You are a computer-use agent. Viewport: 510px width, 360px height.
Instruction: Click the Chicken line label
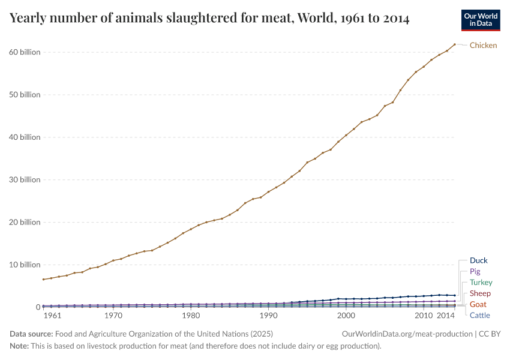[483, 45]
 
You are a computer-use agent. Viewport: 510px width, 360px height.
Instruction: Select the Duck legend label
[479, 260]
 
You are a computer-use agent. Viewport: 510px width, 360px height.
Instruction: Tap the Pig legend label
[475, 271]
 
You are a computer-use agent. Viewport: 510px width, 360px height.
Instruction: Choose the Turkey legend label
[481, 282]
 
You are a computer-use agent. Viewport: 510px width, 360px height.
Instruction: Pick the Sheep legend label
[480, 293]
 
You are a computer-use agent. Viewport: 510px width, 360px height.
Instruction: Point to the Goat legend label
[478, 304]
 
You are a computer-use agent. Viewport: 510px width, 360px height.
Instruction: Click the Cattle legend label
[480, 315]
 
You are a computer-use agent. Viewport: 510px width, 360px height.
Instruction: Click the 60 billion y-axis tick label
[25, 52]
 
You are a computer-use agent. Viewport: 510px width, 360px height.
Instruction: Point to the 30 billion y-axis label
[25, 179]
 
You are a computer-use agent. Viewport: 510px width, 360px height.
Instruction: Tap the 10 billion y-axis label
[25, 265]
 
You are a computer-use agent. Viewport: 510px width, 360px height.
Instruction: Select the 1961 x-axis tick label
[52, 316]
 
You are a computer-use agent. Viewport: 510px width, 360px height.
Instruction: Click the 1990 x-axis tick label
[268, 316]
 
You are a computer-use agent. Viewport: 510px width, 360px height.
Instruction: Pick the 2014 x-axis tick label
[445, 316]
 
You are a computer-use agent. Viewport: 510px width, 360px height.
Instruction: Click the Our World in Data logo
[481, 20]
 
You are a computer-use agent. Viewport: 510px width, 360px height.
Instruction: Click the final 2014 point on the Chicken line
[455, 44]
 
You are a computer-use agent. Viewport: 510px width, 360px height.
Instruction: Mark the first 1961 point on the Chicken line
[44, 279]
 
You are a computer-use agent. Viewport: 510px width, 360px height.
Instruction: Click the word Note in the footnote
[19, 346]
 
